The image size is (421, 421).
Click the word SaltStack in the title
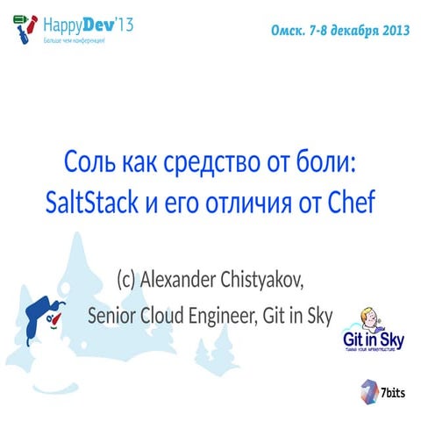pyautogui.click(x=91, y=203)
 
